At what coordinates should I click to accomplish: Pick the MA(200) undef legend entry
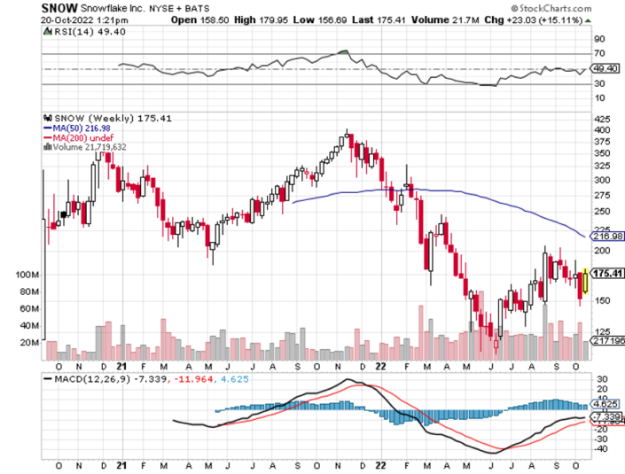(x=79, y=138)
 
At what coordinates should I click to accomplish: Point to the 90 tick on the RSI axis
(x=599, y=39)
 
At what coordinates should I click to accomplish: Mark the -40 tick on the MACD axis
(x=600, y=447)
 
